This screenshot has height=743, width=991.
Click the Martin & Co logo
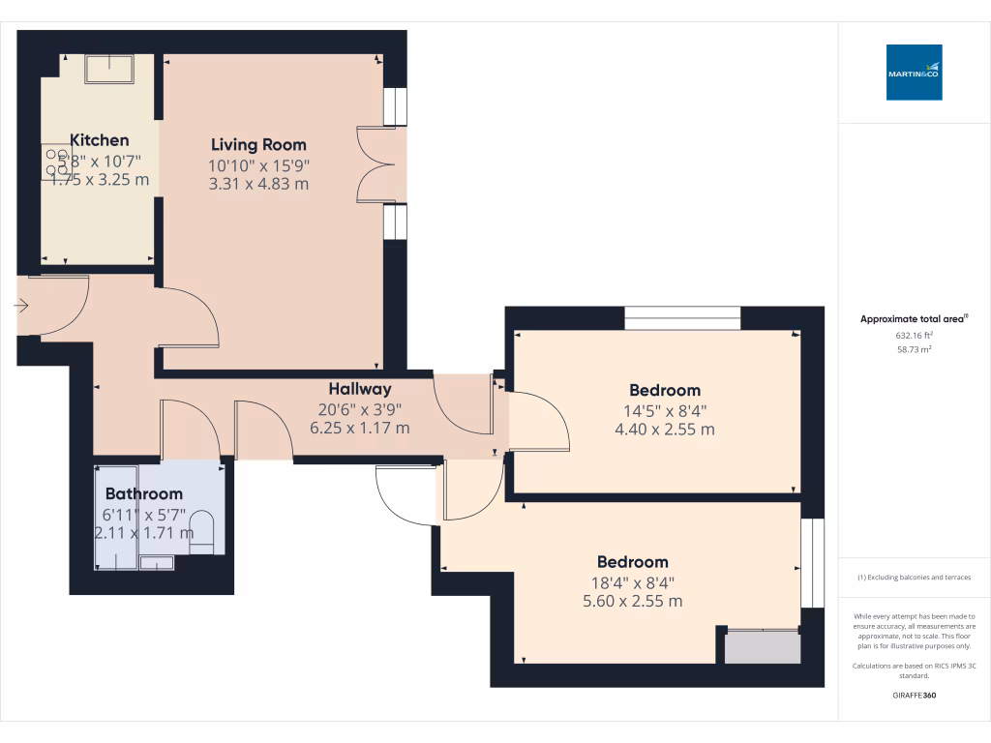[914, 73]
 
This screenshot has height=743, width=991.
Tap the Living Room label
[258, 145]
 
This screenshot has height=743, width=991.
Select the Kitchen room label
[99, 140]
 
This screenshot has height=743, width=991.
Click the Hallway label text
[359, 389]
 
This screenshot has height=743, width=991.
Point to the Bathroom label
[143, 493]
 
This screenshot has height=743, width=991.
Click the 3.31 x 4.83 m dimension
[258, 184]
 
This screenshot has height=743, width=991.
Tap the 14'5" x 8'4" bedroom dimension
[665, 410]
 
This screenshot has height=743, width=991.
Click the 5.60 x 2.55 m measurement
[633, 601]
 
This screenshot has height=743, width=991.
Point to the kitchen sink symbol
[109, 69]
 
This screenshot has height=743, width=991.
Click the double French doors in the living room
[376, 164]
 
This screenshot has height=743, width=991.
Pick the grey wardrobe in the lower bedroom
[763, 646]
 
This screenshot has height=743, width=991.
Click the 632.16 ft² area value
[914, 336]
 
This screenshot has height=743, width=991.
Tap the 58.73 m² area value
[914, 350]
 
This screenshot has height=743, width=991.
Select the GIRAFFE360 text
[914, 696]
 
